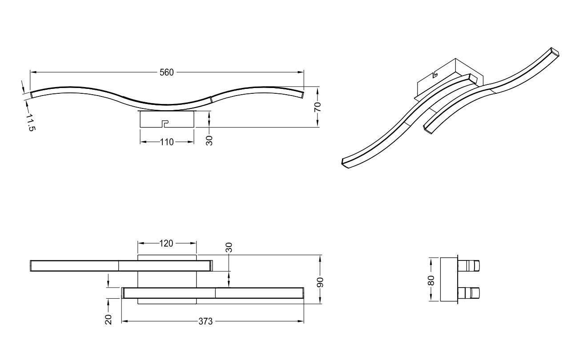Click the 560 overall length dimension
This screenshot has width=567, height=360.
click(167, 72)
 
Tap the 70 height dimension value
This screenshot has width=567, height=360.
click(318, 107)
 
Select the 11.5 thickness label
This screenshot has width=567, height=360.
click(30, 123)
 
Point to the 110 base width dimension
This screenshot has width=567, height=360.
click(167, 142)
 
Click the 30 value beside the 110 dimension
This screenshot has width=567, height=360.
click(209, 140)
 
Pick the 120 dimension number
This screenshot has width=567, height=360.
click(166, 244)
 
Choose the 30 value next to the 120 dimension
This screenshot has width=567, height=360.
click(229, 248)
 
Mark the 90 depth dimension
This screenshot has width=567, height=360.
click(320, 282)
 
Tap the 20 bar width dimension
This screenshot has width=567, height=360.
click(108, 320)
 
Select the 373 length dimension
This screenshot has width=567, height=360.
click(205, 321)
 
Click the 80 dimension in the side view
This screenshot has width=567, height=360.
click(431, 280)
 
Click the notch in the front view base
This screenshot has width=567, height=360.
click(165, 124)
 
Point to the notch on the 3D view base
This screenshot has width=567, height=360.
click(434, 74)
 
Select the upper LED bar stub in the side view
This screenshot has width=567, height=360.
click(469, 266)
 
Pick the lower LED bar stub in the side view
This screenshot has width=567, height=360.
click(469, 293)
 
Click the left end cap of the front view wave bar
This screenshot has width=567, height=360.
click(32, 95)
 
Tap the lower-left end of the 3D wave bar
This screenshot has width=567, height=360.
click(345, 163)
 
